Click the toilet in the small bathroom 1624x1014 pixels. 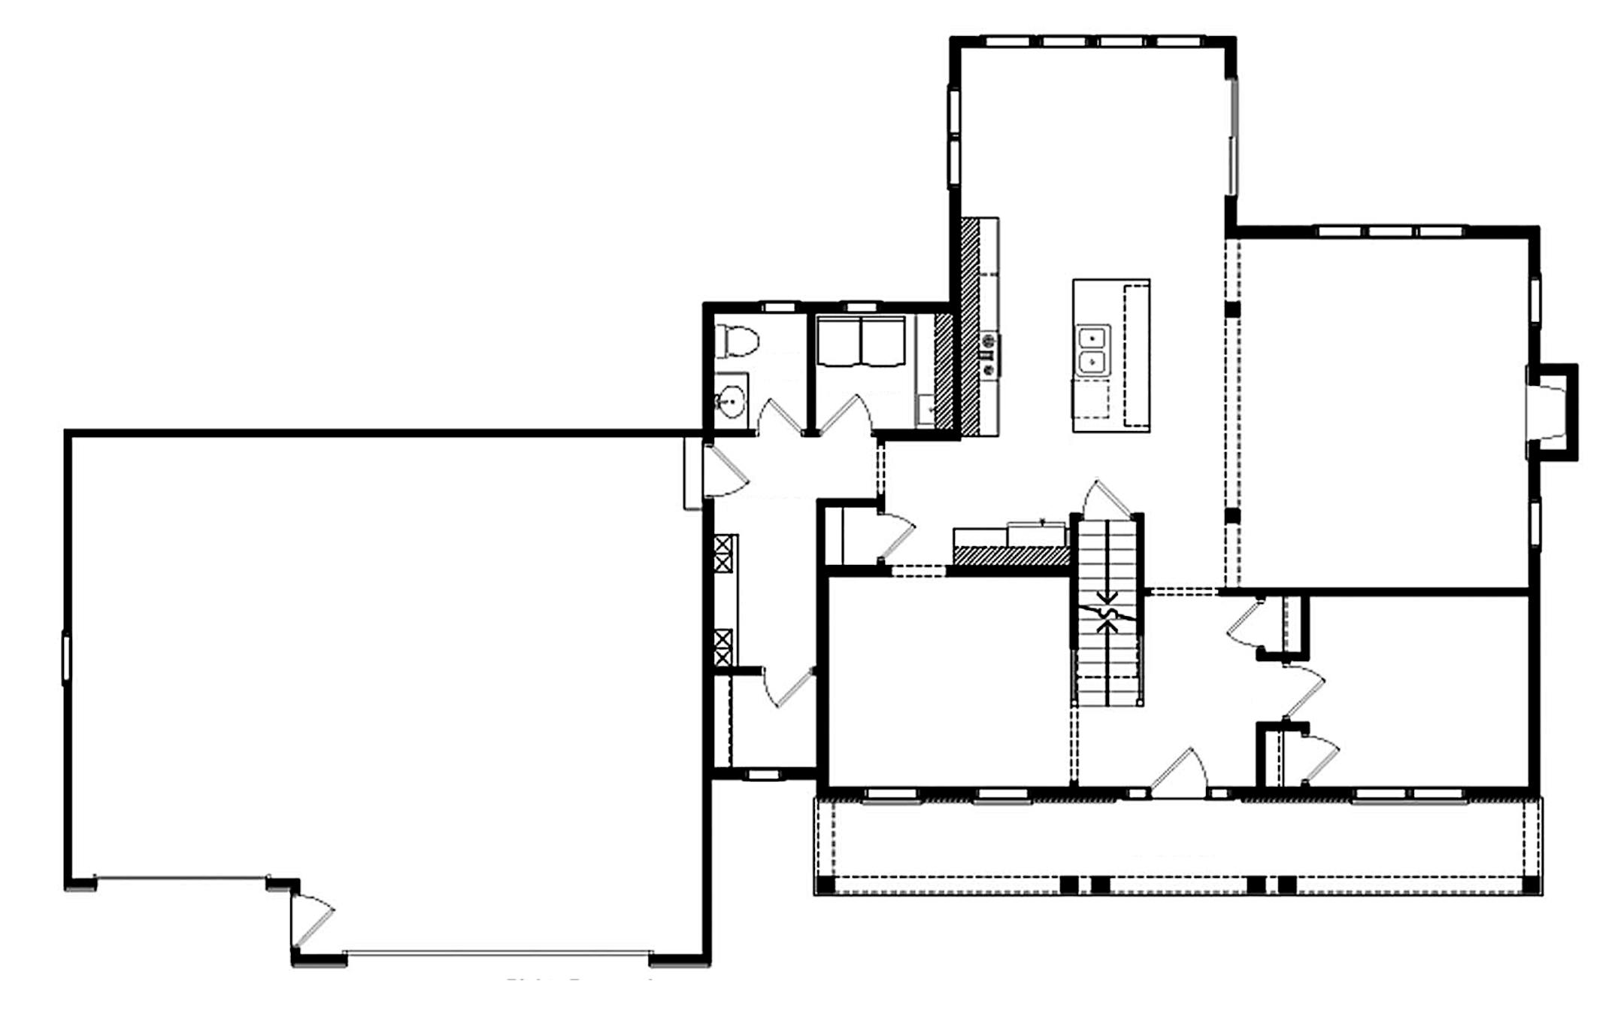point(737,341)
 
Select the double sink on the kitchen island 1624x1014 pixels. point(1092,350)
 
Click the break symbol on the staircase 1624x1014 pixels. point(1107,611)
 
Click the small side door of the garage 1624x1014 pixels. point(313,921)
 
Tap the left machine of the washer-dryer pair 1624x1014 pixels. point(839,342)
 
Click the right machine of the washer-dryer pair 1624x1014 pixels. point(883,342)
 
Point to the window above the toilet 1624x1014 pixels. point(779,307)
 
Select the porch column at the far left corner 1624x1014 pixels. point(826,885)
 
